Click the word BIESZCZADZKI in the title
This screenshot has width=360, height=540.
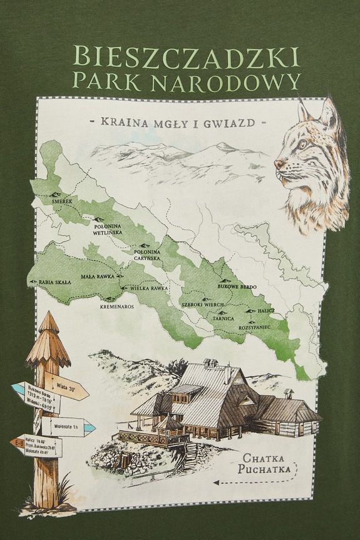point(186,58)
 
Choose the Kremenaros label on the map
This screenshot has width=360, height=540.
point(117,307)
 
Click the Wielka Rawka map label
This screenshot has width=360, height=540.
point(148,288)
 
